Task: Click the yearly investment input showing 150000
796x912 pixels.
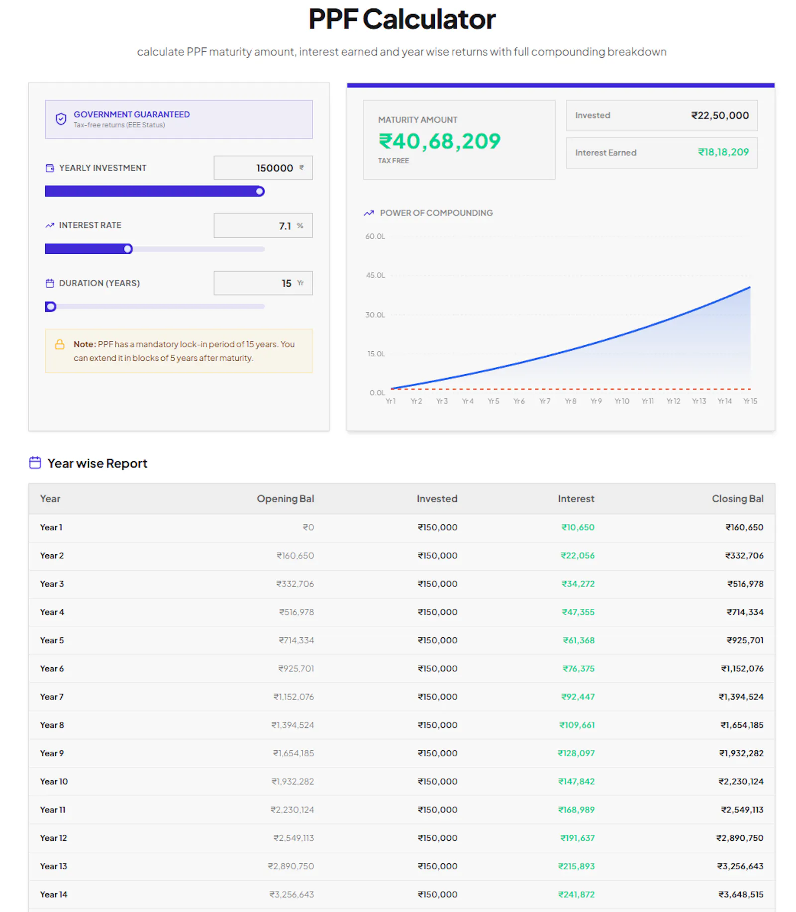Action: point(263,168)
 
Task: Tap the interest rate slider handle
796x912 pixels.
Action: point(128,249)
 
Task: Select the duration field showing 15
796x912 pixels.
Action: point(263,283)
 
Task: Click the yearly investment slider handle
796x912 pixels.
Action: point(260,192)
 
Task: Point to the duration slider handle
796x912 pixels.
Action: point(50,306)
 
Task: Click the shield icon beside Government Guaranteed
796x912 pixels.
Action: point(61,119)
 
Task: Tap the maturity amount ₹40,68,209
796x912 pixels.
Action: point(439,141)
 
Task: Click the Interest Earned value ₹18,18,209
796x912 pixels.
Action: point(723,152)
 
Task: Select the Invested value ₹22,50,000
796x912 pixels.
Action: point(720,115)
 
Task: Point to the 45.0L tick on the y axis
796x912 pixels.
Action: point(376,275)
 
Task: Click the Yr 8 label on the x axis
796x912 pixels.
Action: point(570,401)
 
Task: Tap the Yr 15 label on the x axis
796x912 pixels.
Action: point(750,401)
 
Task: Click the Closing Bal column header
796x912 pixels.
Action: point(737,499)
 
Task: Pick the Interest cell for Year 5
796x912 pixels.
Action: point(578,640)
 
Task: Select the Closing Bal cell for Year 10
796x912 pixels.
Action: point(740,782)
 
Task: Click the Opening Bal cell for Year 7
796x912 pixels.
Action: point(294,697)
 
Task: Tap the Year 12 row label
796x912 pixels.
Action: point(53,838)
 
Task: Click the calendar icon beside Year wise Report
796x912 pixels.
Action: point(35,463)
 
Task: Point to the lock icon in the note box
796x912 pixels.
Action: point(60,344)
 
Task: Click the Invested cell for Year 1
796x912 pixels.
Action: point(437,527)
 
